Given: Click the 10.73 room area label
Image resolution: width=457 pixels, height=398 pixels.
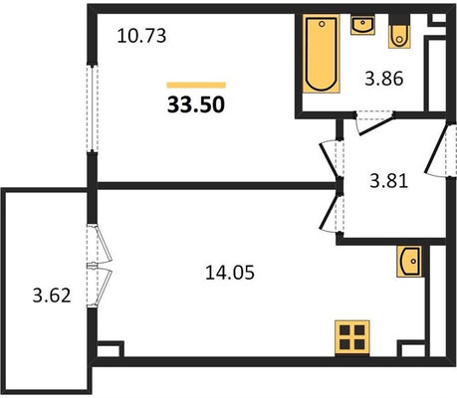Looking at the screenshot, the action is (x=141, y=36).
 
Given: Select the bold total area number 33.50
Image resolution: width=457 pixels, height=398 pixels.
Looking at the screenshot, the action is (x=196, y=104).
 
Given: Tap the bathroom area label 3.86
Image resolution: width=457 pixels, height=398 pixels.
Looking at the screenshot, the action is (x=384, y=79).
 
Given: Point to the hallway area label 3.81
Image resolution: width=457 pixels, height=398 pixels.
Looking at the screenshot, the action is (x=388, y=181).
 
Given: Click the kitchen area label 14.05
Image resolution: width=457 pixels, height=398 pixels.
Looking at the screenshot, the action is (x=230, y=273).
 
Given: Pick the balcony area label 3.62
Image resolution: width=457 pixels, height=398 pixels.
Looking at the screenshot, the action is (x=52, y=296).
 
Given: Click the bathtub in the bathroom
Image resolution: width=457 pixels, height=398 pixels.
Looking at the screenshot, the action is (x=322, y=54).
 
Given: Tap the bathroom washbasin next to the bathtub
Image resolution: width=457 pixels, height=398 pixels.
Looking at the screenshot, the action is (x=362, y=25).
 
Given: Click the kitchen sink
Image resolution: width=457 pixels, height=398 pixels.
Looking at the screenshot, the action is (x=409, y=262).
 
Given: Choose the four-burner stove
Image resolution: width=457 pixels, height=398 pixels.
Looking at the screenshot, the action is (x=352, y=337).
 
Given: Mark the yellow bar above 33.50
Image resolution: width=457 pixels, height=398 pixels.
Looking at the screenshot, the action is (x=196, y=86).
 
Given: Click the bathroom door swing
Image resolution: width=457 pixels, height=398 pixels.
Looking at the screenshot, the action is (x=374, y=123).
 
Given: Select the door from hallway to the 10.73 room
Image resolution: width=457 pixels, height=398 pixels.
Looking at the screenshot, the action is (x=332, y=160).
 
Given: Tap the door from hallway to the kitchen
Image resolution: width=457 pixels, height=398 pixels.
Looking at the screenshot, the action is (x=331, y=212).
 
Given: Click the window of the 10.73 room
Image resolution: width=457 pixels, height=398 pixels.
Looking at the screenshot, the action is (x=93, y=107).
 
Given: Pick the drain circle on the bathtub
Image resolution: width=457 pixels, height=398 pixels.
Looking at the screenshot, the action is (x=322, y=24).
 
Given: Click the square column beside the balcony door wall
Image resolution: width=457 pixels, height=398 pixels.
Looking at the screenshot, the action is (x=111, y=349).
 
